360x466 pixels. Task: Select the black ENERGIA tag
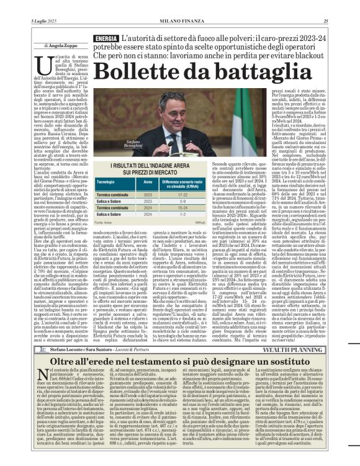click(106, 39)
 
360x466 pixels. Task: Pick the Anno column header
click(148, 182)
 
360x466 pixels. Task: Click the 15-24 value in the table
click(182, 207)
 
